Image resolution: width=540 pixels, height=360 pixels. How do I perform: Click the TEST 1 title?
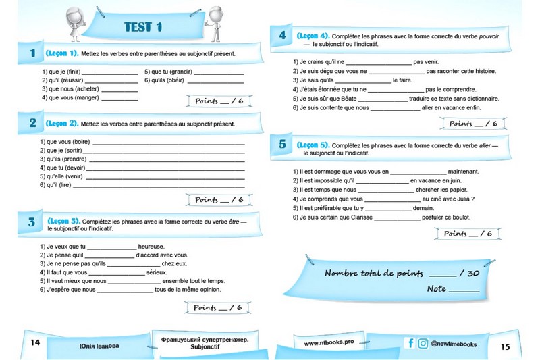pyautogui.click(x=143, y=27)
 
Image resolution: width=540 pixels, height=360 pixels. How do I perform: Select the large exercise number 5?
pyautogui.click(x=282, y=144)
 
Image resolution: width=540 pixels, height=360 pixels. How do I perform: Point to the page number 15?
pyautogui.click(x=506, y=346)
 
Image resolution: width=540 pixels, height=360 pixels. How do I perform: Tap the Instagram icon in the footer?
pyautogui.click(x=423, y=343)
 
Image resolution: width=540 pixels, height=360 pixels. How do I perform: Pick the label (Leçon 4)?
pyautogui.click(x=313, y=36)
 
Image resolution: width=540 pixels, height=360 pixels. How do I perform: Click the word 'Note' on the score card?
pyautogui.click(x=437, y=289)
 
